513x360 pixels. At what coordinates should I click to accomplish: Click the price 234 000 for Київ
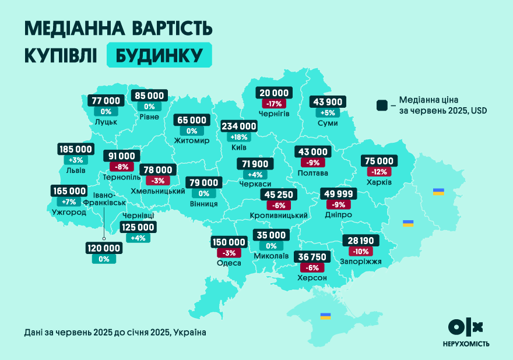[239, 126]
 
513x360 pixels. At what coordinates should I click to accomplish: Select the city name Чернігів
[274, 113]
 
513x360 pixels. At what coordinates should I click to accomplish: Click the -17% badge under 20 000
[274, 104]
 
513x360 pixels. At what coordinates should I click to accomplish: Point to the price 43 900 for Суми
[328, 101]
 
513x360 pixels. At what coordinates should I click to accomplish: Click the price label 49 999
[338, 193]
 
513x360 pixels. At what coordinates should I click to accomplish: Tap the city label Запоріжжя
[360, 262]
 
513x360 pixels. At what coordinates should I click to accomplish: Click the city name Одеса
[229, 263]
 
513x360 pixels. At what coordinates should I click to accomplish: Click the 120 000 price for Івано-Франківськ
[104, 248]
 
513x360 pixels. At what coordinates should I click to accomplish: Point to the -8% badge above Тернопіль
[122, 167]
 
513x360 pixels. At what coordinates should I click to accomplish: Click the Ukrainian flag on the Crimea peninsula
[325, 316]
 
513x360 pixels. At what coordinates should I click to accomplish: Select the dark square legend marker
[382, 105]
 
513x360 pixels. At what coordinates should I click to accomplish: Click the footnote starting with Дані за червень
[115, 332]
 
